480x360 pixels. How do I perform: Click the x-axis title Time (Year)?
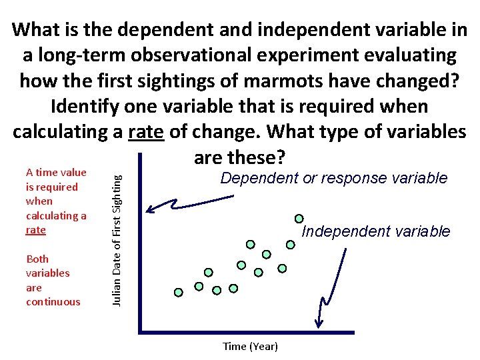click(x=250, y=346)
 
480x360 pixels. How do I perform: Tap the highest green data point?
click(x=299, y=218)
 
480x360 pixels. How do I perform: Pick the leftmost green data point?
click(x=179, y=292)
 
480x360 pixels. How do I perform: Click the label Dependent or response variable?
click(x=334, y=178)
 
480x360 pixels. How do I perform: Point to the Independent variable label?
click(x=376, y=231)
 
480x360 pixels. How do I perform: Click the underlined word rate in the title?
click(x=145, y=132)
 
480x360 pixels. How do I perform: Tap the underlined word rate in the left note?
click(x=35, y=230)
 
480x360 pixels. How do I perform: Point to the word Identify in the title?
click(x=90, y=106)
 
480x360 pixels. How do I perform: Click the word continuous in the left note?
click(x=53, y=302)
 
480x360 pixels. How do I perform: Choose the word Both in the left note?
click(x=37, y=259)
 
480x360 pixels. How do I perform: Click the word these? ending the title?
click(x=257, y=158)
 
